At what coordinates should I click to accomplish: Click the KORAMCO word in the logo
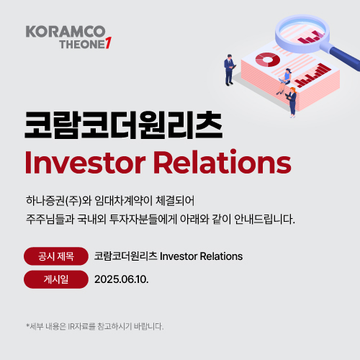[66, 32]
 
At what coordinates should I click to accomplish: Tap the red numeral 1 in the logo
[108, 43]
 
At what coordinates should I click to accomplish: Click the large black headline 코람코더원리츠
[123, 125]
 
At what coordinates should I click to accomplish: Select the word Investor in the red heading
[85, 162]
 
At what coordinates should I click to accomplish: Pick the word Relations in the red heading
[222, 161]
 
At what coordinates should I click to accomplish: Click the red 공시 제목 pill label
[56, 256]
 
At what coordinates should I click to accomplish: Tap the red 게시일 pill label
[56, 279]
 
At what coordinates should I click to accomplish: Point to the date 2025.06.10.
[122, 279]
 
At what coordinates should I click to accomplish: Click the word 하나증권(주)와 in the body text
[59, 201]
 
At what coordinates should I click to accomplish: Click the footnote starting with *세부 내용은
[95, 326]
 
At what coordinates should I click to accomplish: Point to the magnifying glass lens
[302, 34]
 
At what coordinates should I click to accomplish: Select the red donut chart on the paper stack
[268, 60]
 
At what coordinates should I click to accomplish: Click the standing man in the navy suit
[230, 70]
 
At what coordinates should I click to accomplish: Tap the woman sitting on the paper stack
[284, 81]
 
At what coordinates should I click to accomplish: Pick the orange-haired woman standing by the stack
[292, 102]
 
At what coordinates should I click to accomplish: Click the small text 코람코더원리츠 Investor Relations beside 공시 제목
[168, 256]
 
